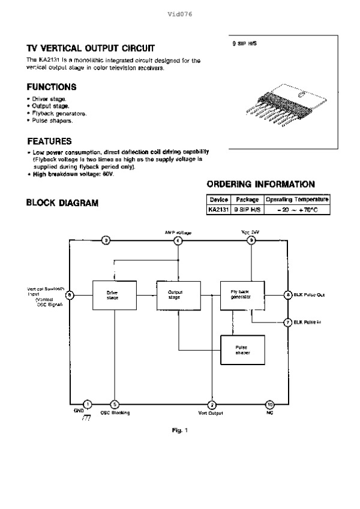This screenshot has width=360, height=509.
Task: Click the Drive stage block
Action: coord(112,295)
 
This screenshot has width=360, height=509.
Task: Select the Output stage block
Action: coord(175,294)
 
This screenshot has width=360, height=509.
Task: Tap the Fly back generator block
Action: coord(242,294)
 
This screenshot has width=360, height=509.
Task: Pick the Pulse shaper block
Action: coord(242,350)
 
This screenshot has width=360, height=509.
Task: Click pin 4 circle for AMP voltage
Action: coord(178,240)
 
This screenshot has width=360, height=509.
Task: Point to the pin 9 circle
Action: coord(251,240)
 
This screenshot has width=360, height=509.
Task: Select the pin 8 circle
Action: coord(288,295)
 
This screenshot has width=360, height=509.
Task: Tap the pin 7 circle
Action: coord(288,322)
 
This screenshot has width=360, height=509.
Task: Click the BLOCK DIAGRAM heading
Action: coord(62,203)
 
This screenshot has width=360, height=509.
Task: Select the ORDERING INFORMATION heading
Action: coord(260,184)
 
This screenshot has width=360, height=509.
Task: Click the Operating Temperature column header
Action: coord(297,200)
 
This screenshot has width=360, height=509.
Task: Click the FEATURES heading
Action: coord(50,141)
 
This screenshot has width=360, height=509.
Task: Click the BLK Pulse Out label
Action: coord(310,295)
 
